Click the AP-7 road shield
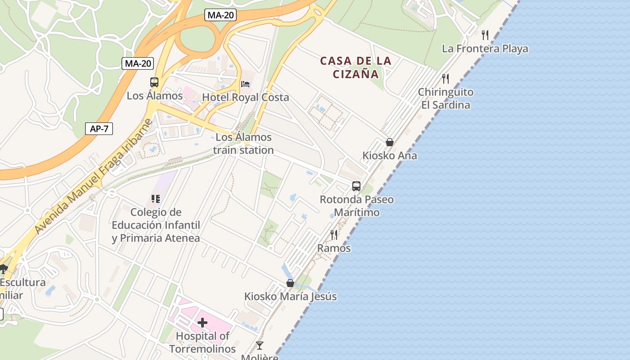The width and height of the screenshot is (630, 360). (x=99, y=129)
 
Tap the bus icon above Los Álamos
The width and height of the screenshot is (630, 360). (x=154, y=82)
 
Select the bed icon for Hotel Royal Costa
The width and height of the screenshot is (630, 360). (x=245, y=84)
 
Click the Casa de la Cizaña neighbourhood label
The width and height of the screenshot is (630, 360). (x=356, y=67)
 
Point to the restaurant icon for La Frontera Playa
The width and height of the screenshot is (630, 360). (x=485, y=35)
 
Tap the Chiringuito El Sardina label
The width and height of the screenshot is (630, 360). (x=445, y=99)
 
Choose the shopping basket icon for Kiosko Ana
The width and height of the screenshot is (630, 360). (x=390, y=142)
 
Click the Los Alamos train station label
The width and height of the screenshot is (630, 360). (x=243, y=144)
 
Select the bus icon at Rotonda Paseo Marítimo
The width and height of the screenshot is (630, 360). (x=356, y=186)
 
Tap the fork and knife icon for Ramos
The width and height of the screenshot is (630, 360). (x=334, y=234)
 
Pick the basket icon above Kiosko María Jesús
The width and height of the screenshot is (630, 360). (x=290, y=283)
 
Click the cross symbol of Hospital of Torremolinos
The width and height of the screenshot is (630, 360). (x=202, y=322)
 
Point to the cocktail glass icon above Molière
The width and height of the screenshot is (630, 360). (x=260, y=346)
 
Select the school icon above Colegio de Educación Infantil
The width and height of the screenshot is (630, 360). (x=156, y=198)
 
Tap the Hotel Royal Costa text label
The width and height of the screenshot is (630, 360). (x=245, y=97)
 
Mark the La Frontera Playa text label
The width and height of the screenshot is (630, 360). (x=485, y=49)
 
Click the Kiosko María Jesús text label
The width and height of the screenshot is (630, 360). (x=290, y=297)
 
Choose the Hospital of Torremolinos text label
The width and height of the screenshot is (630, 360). (x=202, y=342)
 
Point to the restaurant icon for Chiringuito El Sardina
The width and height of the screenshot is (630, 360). (x=445, y=79)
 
